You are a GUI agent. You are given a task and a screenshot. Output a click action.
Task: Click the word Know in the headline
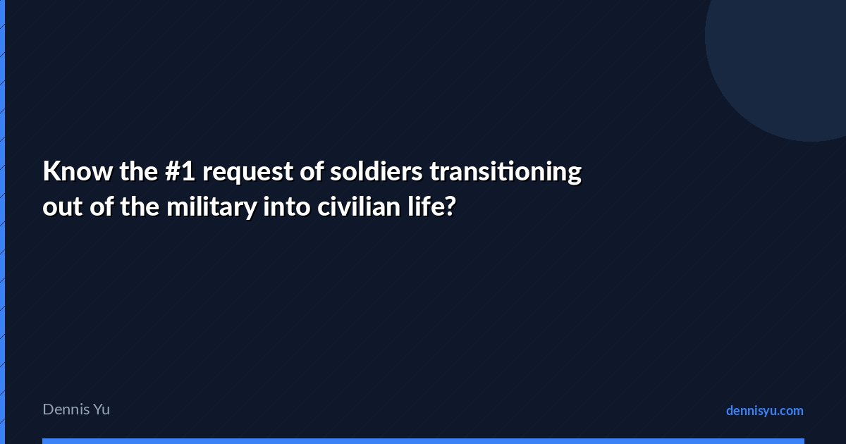(78, 171)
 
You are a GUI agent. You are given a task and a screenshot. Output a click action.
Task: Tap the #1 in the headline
(180, 171)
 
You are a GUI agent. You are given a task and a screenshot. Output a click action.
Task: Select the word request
(247, 173)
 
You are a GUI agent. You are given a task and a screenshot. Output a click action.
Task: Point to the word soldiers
(376, 171)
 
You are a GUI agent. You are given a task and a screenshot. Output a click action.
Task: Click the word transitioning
(505, 173)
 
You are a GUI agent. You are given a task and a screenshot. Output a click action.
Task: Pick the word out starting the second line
(62, 207)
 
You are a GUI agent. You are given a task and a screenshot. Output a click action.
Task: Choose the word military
(211, 207)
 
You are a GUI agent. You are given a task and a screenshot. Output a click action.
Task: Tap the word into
(287, 206)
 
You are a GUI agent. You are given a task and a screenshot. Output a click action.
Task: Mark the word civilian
(359, 206)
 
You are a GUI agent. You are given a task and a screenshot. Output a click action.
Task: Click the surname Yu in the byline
(102, 409)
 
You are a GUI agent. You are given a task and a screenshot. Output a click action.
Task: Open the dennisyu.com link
(765, 411)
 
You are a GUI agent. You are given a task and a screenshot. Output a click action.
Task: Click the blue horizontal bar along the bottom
(424, 441)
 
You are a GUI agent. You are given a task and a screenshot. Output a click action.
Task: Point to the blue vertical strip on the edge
(2, 222)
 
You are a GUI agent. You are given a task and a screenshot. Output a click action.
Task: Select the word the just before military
(140, 206)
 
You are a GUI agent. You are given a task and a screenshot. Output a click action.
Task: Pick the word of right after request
(312, 171)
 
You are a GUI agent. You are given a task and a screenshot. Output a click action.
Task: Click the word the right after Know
(139, 171)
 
